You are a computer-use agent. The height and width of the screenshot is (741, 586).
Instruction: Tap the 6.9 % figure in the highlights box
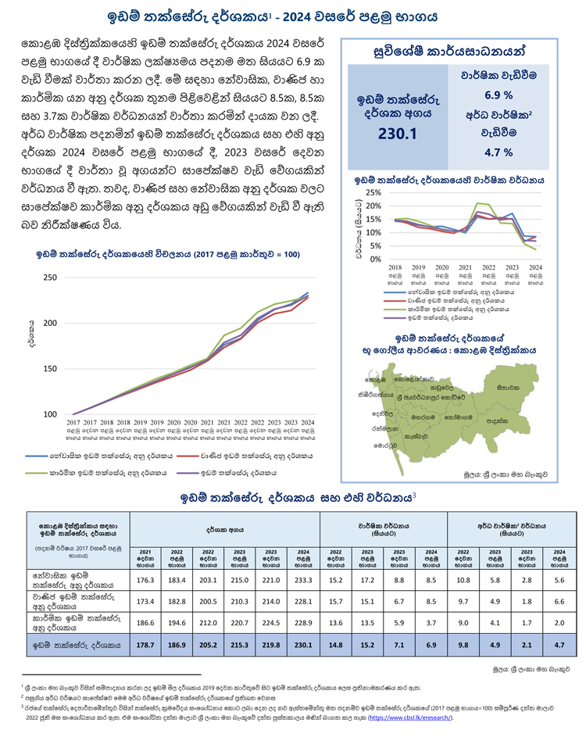(498, 95)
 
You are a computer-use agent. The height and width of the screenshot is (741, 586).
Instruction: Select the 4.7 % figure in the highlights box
(498, 152)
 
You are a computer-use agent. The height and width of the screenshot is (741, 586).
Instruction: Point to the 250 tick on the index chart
(50, 277)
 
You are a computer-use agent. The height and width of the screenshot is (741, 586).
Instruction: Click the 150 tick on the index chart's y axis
(50, 369)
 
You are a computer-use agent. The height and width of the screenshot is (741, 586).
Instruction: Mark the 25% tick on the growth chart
(373, 192)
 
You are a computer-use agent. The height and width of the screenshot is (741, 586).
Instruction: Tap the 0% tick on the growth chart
(376, 259)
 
